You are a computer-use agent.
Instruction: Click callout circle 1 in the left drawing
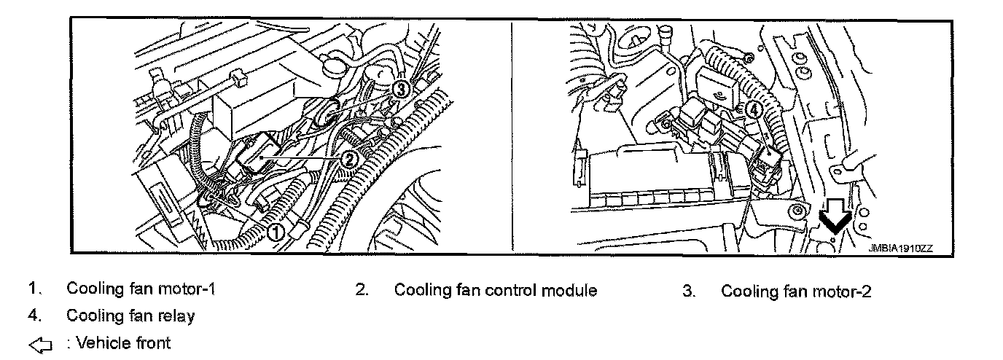(276, 232)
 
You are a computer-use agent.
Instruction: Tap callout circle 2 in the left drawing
(350, 157)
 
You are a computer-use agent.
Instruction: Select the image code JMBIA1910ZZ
(899, 249)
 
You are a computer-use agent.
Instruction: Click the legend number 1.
(33, 289)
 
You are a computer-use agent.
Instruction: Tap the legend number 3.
(688, 291)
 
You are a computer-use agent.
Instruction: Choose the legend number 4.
(33, 316)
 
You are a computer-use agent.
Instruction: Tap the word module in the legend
(571, 291)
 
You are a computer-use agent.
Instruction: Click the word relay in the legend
(178, 316)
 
